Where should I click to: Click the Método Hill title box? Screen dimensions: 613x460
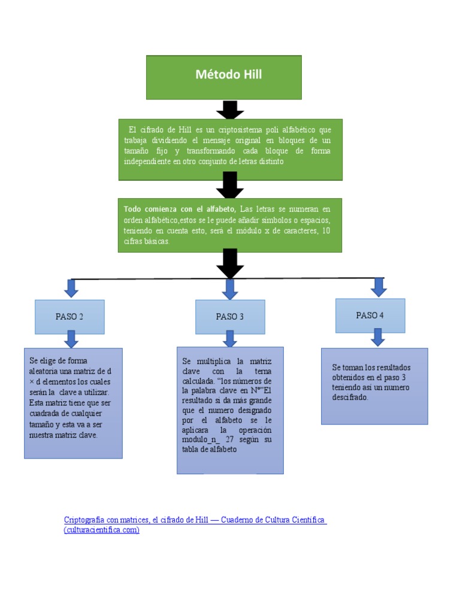tap(223, 77)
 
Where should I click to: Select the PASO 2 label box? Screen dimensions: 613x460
tap(69, 317)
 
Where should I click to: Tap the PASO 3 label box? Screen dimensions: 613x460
tap(230, 317)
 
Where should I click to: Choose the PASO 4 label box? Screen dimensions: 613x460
tap(370, 315)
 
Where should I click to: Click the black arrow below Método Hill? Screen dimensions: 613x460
tap(230, 110)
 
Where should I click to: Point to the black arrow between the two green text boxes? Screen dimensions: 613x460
tap(230, 185)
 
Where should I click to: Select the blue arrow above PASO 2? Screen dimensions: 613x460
tap(71, 289)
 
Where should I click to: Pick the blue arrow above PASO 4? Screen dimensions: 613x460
tap(379, 287)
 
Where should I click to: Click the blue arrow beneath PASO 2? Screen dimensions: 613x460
tap(71, 339)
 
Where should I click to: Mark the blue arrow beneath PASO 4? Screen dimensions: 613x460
tap(377, 338)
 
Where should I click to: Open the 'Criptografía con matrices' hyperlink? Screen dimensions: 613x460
tap(195, 520)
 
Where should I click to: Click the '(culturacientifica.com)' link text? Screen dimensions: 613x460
tap(102, 530)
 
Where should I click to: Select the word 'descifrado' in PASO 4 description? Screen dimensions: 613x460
tap(350, 397)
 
